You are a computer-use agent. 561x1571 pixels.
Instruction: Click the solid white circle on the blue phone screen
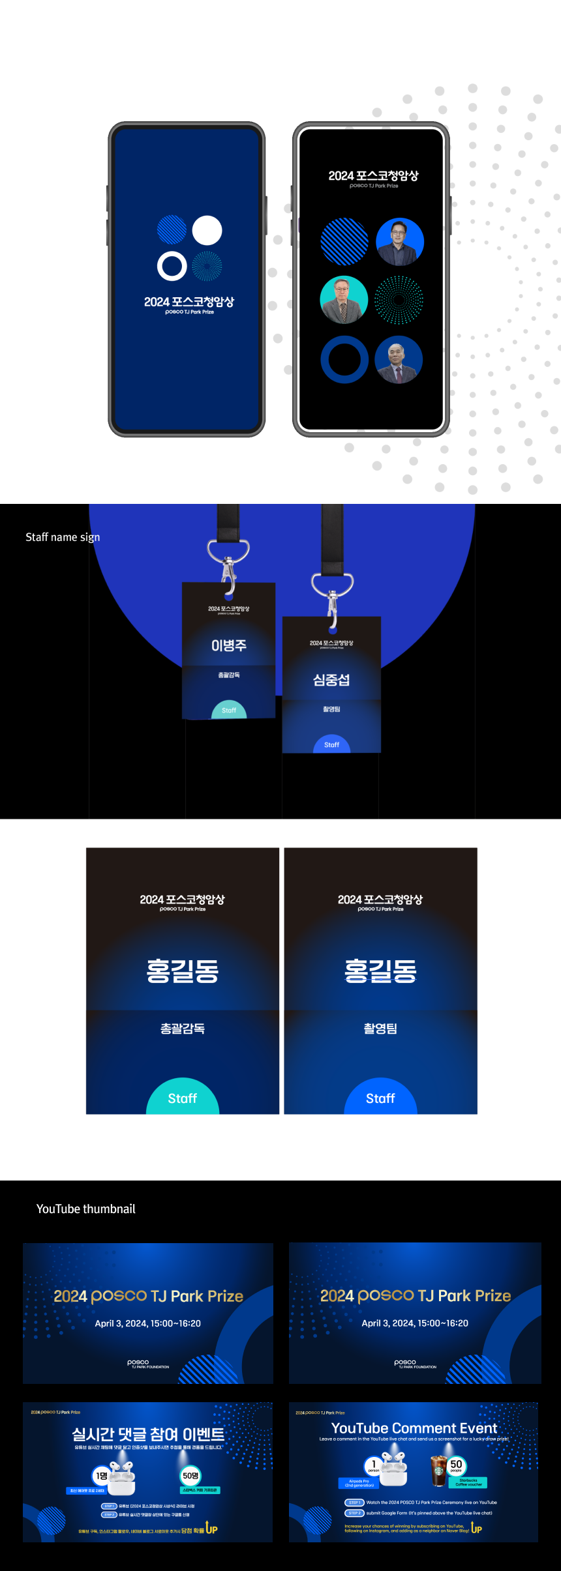207,230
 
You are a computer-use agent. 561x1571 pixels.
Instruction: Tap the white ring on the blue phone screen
172,266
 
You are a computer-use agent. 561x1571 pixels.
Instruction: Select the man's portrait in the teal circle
344,300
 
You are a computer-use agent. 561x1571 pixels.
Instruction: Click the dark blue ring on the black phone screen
344,360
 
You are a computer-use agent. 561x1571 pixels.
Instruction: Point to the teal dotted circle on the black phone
399,300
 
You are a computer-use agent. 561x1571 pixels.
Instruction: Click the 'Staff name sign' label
63,537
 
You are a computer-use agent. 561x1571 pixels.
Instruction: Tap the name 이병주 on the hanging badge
228,645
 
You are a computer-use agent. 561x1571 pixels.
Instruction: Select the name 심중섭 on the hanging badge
331,680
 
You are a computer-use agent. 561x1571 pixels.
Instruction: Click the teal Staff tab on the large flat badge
183,1098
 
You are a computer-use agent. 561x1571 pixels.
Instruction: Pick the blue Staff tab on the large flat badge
380,1098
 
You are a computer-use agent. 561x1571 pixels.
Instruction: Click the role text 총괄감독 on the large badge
183,1029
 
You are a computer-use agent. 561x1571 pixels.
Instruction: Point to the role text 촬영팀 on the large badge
380,1029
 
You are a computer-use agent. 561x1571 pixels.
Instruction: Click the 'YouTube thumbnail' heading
86,1209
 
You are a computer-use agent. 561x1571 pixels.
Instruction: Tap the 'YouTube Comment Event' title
414,1428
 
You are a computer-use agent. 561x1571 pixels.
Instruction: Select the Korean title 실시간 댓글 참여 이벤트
148,1434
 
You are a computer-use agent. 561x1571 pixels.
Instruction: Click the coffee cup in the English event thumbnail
439,1471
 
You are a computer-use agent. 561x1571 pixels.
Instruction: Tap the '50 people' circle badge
456,1465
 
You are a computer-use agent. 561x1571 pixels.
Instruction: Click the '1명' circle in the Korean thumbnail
102,1476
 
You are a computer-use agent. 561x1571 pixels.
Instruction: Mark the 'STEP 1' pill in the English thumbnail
354,1503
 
